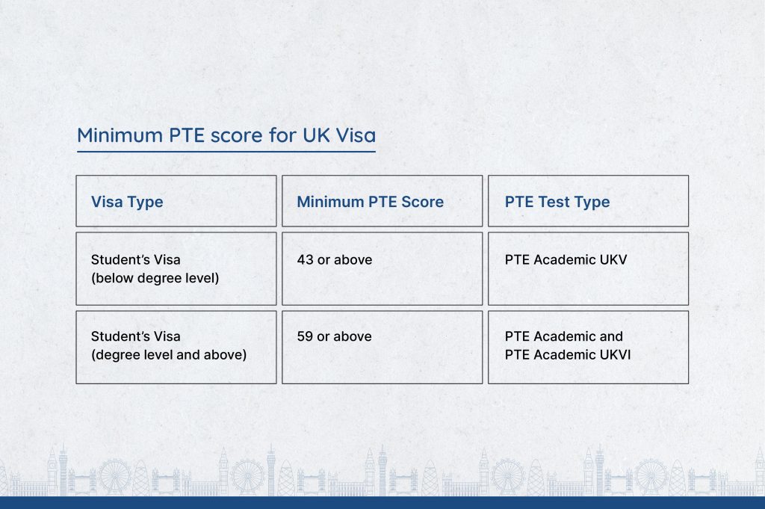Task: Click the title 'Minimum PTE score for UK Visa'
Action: (x=226, y=135)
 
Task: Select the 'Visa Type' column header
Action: (x=127, y=202)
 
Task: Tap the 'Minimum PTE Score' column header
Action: (x=371, y=202)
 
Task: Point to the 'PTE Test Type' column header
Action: (x=557, y=202)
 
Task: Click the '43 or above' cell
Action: (x=335, y=259)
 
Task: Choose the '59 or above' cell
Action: (x=334, y=336)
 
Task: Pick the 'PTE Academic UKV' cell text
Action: (x=566, y=259)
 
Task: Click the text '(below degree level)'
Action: (x=155, y=278)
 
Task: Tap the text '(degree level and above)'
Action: (x=169, y=355)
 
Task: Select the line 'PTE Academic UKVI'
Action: (x=568, y=355)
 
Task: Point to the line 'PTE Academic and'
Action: (x=564, y=336)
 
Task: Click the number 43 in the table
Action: (x=306, y=259)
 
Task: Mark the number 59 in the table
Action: (x=305, y=336)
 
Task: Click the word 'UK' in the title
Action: (x=316, y=135)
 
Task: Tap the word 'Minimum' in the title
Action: (x=120, y=135)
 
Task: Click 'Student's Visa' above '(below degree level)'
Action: (x=136, y=259)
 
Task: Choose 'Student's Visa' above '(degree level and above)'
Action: (x=136, y=336)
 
